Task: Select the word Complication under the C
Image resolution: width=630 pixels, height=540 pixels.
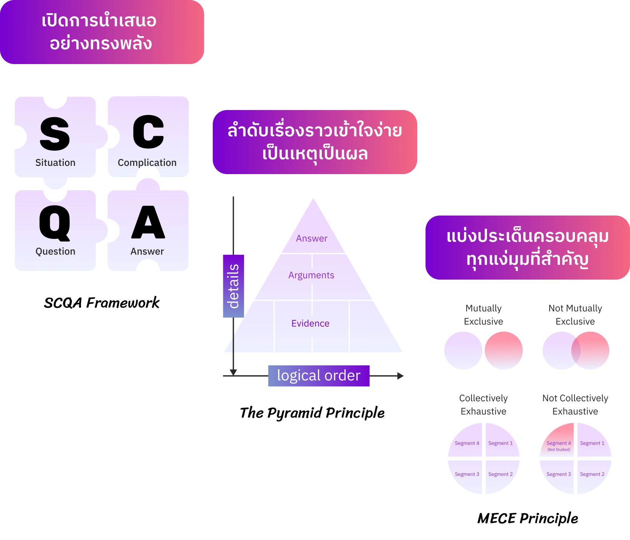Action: tap(147, 162)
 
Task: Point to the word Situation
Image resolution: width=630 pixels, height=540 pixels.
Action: tap(55, 162)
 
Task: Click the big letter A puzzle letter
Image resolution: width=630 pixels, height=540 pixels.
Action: tap(148, 222)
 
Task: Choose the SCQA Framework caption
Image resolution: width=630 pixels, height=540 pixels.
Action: tap(102, 303)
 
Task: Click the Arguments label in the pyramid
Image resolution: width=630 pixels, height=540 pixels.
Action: tap(311, 275)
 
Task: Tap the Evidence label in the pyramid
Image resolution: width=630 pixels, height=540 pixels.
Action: tap(310, 323)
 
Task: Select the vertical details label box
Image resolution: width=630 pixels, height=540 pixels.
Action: tap(234, 286)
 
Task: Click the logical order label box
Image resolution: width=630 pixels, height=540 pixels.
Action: tap(319, 376)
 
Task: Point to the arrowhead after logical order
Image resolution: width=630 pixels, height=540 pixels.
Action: tap(400, 376)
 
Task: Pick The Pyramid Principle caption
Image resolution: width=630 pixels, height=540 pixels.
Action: tap(312, 413)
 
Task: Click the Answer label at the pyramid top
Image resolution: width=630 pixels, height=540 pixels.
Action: tap(312, 238)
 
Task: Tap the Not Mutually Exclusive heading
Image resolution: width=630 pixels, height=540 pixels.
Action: tap(575, 315)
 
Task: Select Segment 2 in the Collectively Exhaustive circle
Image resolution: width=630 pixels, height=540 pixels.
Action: tap(500, 474)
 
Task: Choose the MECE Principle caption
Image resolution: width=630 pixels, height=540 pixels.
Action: tap(528, 518)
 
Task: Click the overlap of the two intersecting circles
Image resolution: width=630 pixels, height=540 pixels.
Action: tap(576, 350)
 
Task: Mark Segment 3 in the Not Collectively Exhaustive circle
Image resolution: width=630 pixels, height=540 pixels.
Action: tap(559, 474)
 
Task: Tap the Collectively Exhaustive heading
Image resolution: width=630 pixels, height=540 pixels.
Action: tap(483, 405)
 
